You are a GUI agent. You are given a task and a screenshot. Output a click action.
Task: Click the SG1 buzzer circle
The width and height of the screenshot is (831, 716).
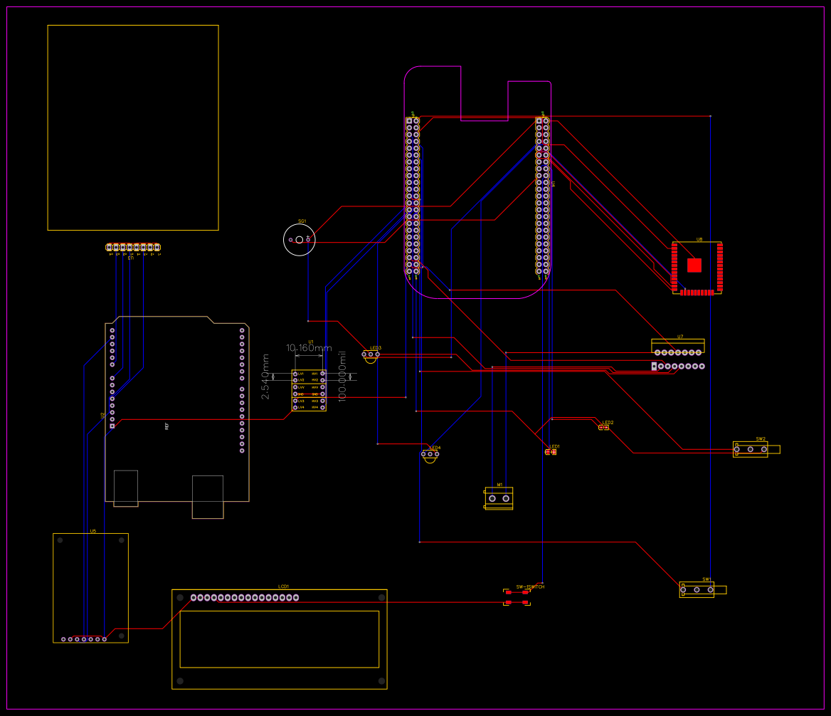(x=299, y=240)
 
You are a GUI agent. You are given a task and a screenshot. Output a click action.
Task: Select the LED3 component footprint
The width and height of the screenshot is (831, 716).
(x=371, y=354)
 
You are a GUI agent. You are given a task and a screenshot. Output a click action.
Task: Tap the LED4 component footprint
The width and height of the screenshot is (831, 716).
(x=430, y=454)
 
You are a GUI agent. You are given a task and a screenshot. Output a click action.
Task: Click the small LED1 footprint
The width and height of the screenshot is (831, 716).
(x=551, y=452)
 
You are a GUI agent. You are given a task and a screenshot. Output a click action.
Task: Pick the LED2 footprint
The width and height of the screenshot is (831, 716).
(x=604, y=427)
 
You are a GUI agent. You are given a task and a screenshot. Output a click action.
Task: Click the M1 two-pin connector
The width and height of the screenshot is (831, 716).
(x=499, y=498)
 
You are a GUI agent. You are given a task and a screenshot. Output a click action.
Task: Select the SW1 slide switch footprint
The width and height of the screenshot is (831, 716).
(x=697, y=589)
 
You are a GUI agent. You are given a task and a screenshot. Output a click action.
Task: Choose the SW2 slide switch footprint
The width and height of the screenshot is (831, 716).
(x=751, y=449)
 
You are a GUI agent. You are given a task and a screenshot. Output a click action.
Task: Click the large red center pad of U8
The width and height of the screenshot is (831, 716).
(x=694, y=265)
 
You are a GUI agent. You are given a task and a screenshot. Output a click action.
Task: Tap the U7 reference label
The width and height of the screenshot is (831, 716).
(x=680, y=337)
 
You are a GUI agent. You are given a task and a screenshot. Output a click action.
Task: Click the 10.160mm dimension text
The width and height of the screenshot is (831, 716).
(x=309, y=348)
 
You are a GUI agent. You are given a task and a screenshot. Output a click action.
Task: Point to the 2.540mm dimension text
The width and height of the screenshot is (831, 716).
(x=266, y=377)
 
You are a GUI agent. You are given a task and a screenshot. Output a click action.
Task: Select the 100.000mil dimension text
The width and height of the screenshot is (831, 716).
(x=342, y=377)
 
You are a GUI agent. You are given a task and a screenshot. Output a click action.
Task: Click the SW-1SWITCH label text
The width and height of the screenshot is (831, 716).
(x=530, y=586)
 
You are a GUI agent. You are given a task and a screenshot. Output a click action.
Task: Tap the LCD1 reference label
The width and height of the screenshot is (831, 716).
(x=283, y=586)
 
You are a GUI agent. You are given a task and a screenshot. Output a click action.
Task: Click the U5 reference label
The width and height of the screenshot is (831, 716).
(x=92, y=531)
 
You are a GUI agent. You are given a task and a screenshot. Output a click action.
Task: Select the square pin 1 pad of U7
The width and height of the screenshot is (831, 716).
(x=654, y=367)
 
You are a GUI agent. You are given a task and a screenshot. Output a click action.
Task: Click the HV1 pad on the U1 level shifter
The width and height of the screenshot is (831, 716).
(x=322, y=374)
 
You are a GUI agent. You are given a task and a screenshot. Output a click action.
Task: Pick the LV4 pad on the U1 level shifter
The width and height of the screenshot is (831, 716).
(x=295, y=407)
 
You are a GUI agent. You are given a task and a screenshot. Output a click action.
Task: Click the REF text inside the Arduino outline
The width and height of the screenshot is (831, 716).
(x=167, y=426)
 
